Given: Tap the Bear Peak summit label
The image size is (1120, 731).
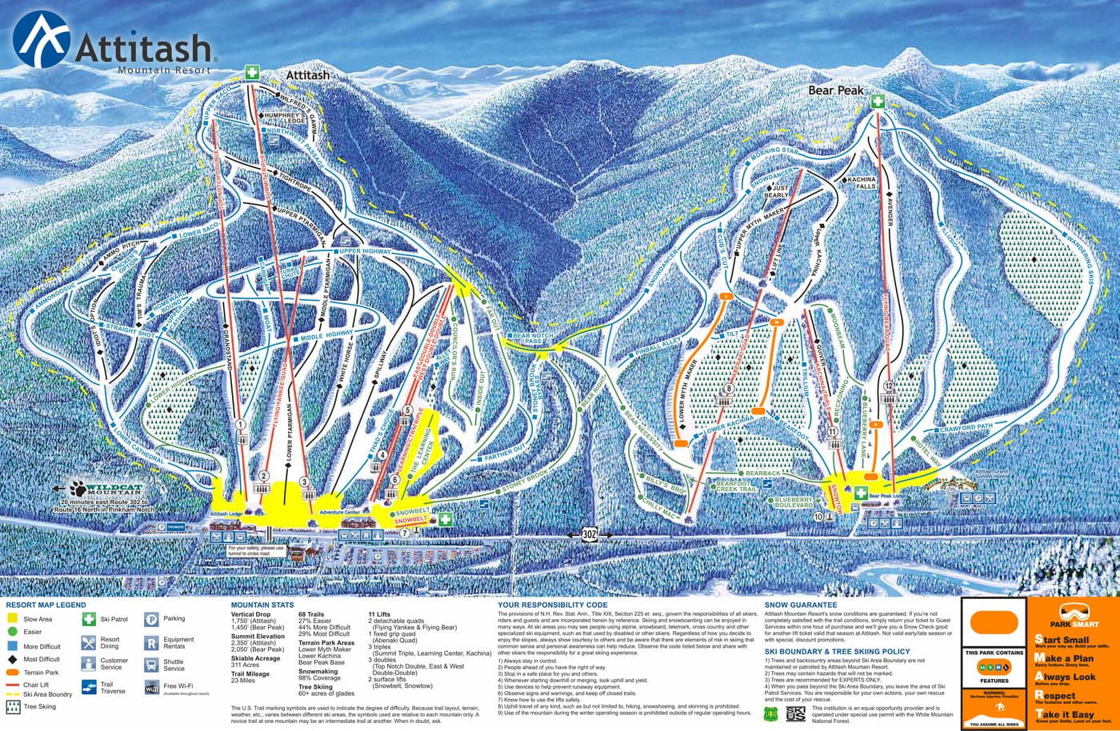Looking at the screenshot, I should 835,90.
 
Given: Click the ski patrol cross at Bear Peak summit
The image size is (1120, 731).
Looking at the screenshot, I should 878,102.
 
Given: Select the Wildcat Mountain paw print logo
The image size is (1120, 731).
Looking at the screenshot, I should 80,488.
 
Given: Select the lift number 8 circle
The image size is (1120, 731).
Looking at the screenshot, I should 728,389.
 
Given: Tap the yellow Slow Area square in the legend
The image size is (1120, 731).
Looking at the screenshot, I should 13,619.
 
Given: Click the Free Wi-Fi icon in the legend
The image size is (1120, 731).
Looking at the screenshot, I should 151,686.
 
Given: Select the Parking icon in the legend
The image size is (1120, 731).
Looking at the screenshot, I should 151,619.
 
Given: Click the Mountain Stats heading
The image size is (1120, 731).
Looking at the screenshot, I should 262,605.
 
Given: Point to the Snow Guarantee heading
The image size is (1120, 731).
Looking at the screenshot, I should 800,605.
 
